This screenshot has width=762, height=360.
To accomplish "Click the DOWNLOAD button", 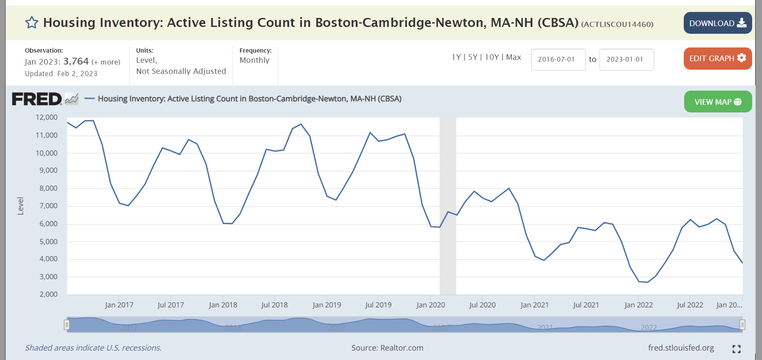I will click(717, 23).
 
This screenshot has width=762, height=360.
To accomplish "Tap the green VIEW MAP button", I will click(718, 102).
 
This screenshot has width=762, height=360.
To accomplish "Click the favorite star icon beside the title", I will click(32, 23).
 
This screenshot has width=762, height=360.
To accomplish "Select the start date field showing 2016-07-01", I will click(558, 59).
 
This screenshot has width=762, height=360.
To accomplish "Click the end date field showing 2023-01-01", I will click(626, 59).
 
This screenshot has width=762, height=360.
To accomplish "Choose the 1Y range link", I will click(456, 57).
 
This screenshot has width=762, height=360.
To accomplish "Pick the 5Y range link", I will click(473, 57).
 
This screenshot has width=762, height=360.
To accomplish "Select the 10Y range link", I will click(492, 57).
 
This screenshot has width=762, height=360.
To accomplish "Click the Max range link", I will click(514, 57).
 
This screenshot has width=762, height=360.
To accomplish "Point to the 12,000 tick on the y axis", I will click(47, 117).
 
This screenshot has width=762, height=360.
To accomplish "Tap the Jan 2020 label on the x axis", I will click(431, 305).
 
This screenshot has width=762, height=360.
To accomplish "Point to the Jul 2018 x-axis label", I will click(275, 305).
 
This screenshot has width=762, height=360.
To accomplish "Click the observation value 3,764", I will click(76, 62).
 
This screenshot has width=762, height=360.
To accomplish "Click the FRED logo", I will click(37, 99).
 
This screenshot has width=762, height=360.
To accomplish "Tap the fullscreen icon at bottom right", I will click(736, 349).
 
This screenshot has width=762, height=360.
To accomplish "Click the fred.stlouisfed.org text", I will click(681, 348).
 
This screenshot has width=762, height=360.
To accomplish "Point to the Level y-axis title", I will click(21, 206).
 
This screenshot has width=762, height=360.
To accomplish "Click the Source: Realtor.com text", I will click(387, 348).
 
